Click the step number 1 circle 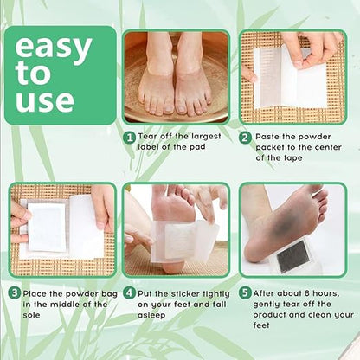[x=130, y=138]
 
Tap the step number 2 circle [x=245, y=138]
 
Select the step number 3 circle [x=14, y=293]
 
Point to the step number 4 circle [x=129, y=293]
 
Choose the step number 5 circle [x=245, y=293]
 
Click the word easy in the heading [x=54, y=48]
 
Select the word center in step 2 [x=328, y=147]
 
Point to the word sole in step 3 [x=31, y=315]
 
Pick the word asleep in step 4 [x=151, y=315]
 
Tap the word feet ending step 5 [x=261, y=325]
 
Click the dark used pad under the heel [x=292, y=255]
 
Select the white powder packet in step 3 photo [x=47, y=227]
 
